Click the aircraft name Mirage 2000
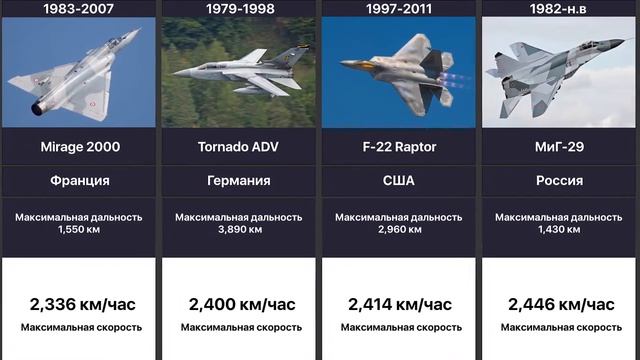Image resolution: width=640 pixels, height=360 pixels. (80, 147)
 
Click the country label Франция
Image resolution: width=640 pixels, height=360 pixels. (80, 182)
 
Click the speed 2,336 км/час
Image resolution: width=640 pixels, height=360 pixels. (80, 304)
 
